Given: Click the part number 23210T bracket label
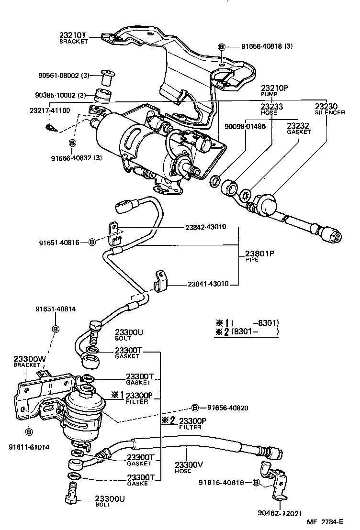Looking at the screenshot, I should [73, 38].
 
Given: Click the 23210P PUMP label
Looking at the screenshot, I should [274, 91].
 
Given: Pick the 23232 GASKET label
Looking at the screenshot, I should [298, 128].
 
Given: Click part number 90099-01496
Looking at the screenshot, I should [245, 126].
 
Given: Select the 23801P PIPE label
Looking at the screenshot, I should [259, 256].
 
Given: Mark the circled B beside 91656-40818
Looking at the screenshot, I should [222, 47].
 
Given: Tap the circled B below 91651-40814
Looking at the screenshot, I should [56, 329].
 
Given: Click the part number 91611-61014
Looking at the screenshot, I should [29, 447].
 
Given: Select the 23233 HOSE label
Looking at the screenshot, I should [271, 109].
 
